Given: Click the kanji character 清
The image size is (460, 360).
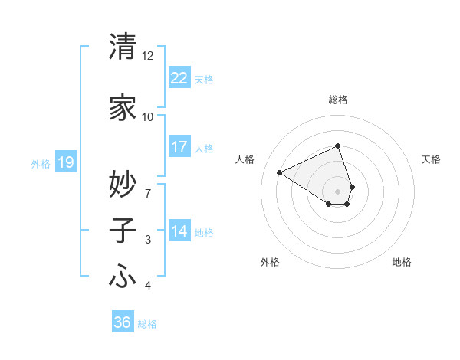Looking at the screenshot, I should pos(123,47).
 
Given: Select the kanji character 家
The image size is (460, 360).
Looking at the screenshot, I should pos(123,108).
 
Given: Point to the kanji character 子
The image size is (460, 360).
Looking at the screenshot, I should pos(123,231).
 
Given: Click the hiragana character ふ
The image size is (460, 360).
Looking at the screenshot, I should pos(123,277).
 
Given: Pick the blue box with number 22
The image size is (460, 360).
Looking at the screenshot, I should pos(179,78).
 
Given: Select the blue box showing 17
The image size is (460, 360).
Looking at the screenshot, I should pos(179,146).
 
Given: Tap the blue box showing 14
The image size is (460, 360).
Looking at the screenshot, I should pos(179,231).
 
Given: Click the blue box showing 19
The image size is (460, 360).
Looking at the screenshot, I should pos(65,162).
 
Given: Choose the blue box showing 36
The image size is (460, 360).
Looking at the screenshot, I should pos(122,322).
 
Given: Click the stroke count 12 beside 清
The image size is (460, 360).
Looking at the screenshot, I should pos(147,56).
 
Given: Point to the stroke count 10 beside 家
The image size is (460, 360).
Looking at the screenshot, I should pos(147,116).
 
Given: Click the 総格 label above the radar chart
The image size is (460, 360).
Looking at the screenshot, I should pos(338,100).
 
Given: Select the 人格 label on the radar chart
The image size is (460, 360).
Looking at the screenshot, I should pos(245,159).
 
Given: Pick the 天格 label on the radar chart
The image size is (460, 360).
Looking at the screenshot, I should pos(431,159).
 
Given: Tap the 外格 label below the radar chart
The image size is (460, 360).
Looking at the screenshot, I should pos(270,262).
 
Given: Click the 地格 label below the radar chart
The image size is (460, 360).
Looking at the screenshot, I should pos(402,262).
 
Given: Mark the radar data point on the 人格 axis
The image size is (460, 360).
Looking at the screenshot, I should pos(280,173).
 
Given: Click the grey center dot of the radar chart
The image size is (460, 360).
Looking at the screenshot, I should pos(338,191).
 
